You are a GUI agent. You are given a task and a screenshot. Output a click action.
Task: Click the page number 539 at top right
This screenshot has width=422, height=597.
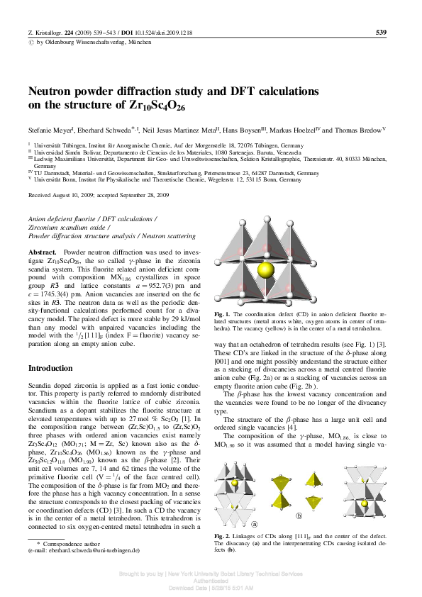click(x=380, y=33)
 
